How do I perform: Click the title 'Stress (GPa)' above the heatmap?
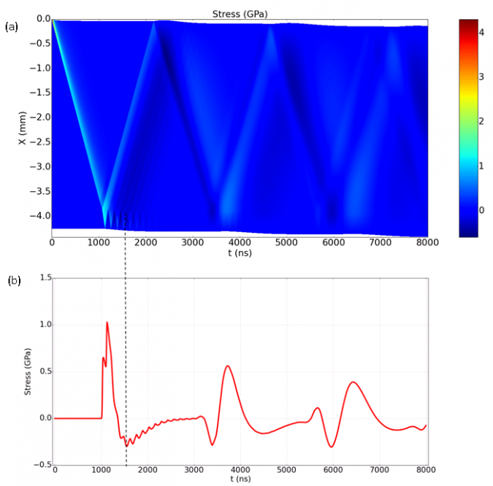click(240, 11)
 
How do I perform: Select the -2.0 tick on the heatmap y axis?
click(40, 117)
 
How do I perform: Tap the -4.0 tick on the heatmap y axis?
click(40, 216)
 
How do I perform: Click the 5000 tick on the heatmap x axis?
click(286, 242)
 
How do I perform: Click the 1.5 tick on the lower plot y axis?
click(44, 278)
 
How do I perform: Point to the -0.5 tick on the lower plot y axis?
click(42, 465)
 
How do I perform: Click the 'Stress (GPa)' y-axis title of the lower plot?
click(28, 371)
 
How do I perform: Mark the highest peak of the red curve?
click(107, 322)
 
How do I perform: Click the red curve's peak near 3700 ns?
click(228, 366)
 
